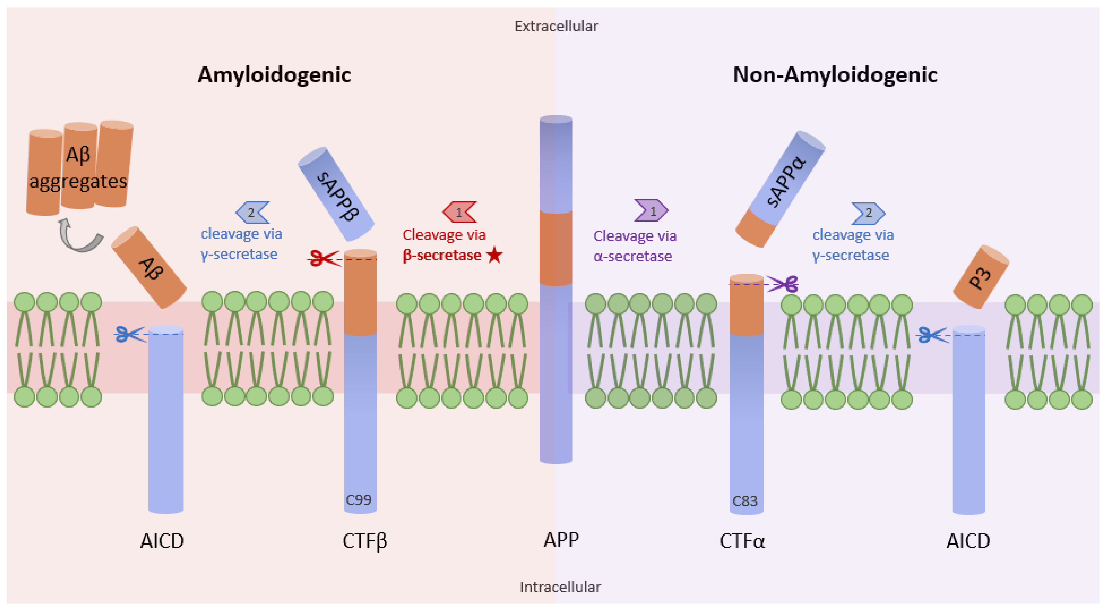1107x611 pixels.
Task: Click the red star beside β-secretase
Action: (495, 255)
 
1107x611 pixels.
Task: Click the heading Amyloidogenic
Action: (274, 75)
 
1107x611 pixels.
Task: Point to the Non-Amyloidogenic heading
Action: (835, 75)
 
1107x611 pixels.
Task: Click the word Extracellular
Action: (556, 26)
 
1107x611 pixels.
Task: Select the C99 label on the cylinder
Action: (358, 500)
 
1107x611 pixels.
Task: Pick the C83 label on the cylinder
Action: (745, 501)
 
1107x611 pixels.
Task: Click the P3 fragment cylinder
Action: (981, 277)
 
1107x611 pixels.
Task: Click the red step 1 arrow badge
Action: (459, 212)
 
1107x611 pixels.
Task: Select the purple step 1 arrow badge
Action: (651, 211)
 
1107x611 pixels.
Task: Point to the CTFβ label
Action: (364, 541)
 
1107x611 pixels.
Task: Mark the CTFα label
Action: (742, 541)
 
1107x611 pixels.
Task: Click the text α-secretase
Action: (633, 256)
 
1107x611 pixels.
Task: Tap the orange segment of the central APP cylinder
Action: (556, 248)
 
